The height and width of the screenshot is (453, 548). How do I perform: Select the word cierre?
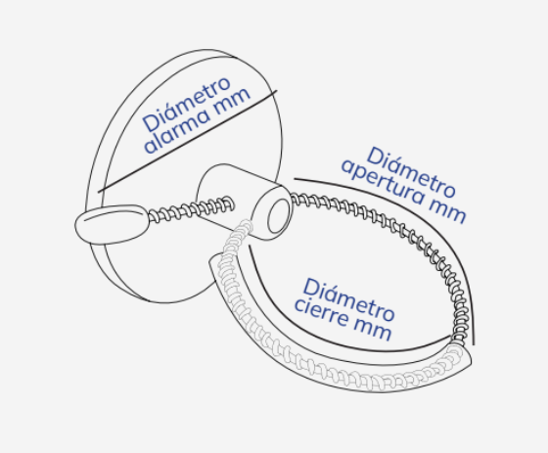(322, 312)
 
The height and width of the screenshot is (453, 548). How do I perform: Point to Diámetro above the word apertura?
(411, 171)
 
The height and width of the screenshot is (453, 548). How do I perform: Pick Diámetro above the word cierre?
(348, 298)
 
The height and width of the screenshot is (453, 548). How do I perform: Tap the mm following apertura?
(447, 210)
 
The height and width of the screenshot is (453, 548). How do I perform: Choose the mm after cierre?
(373, 330)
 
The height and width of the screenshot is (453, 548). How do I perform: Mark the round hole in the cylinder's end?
(278, 215)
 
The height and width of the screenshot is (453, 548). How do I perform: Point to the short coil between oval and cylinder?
(191, 209)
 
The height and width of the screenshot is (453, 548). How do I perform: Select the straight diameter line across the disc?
(187, 141)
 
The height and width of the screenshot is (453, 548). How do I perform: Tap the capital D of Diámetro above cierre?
(312, 289)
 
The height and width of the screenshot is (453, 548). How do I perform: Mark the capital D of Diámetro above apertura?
(376, 156)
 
